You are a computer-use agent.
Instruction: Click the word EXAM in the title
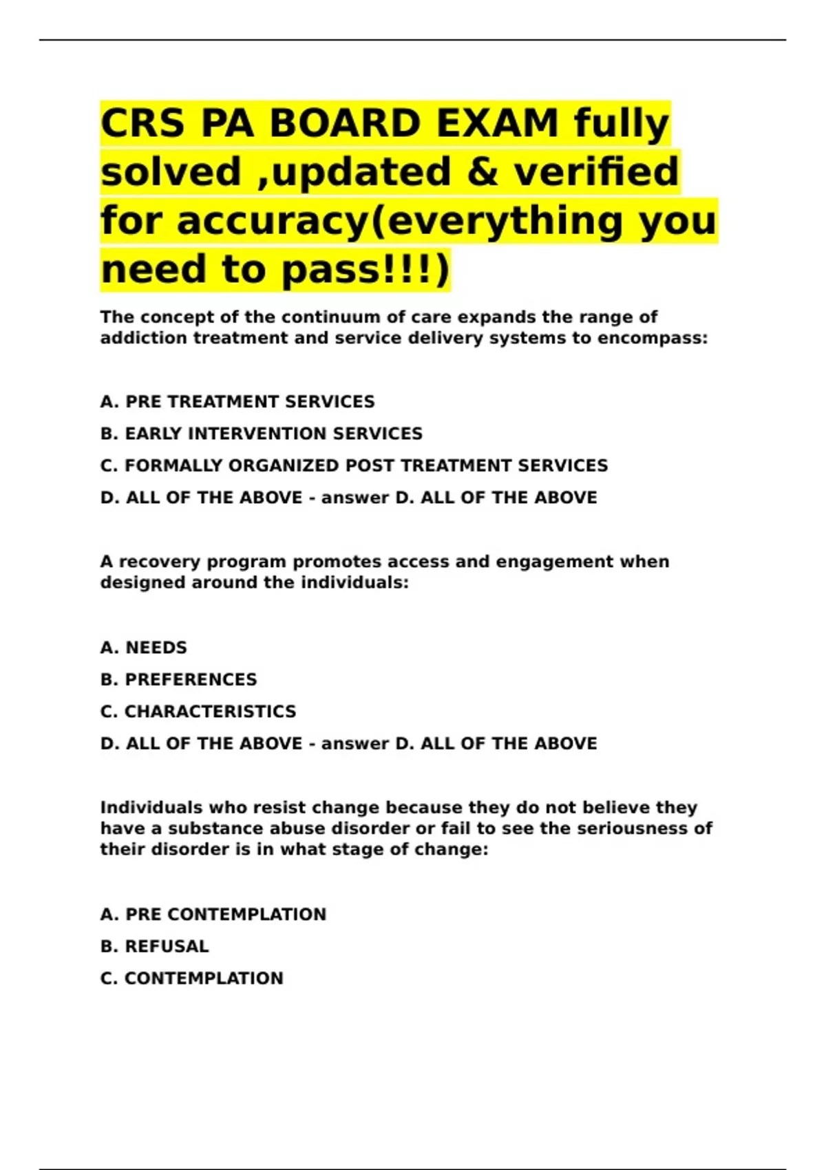point(498,124)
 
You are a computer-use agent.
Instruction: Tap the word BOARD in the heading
point(345,124)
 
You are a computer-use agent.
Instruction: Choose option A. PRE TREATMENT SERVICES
point(237,402)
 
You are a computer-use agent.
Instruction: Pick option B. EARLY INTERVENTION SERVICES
point(262,434)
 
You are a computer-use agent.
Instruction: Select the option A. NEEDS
point(144,648)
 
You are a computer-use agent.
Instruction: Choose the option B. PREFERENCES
point(179,680)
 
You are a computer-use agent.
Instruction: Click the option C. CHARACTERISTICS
point(198,712)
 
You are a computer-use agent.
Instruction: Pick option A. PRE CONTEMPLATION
point(213,915)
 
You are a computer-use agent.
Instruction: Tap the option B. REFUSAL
point(155,946)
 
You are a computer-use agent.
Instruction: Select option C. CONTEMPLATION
point(192,979)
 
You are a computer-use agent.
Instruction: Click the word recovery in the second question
point(160,562)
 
